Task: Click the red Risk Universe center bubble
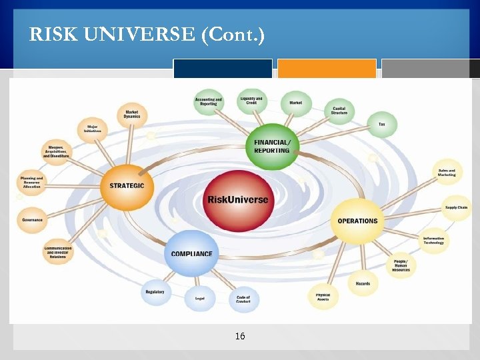point(237,199)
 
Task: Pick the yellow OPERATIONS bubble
point(357,221)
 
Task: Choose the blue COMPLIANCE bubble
point(192,253)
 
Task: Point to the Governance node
point(32,219)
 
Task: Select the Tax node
point(382,125)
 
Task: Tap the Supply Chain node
point(457,207)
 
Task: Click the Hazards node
point(363,284)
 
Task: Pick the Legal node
point(199,297)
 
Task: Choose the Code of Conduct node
point(243,299)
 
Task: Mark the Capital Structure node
point(339,111)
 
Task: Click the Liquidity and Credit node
point(251,101)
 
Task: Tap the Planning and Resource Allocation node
point(31,182)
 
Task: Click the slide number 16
point(240,337)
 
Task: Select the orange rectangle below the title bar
point(327,69)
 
